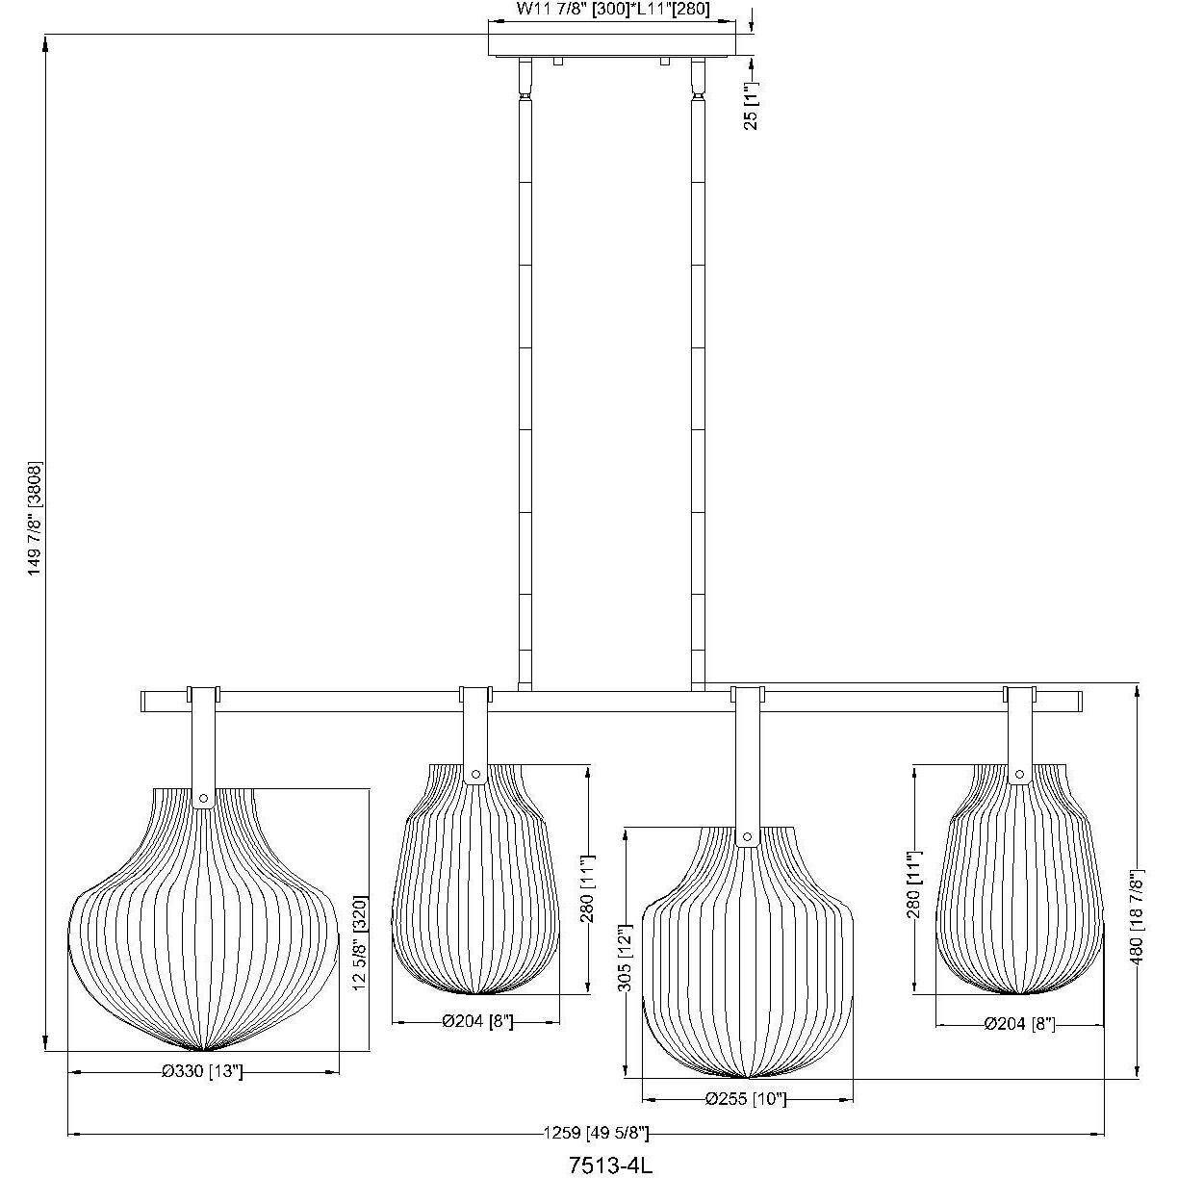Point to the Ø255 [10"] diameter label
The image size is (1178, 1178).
pos(745,1099)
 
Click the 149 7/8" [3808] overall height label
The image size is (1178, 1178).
pos(36,520)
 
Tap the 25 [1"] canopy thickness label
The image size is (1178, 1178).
pos(752,106)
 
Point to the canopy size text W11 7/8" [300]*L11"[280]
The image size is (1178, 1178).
pos(613,10)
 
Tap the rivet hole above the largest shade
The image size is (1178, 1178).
pos(203,797)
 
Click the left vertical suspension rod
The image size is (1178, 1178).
pos(525,385)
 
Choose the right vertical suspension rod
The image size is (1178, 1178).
pos(697,385)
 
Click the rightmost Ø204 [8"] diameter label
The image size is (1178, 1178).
pos(1019,1025)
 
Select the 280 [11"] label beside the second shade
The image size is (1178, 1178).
pos(587,887)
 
